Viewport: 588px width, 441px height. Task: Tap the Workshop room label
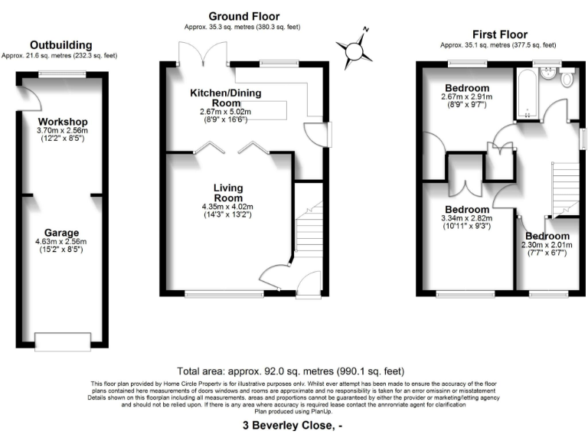(x=62, y=122)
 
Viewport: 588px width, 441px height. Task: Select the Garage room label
(x=62, y=233)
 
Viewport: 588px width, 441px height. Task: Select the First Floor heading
(x=501, y=34)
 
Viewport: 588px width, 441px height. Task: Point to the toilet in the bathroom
(x=567, y=78)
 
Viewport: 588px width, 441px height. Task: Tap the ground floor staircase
(x=309, y=230)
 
